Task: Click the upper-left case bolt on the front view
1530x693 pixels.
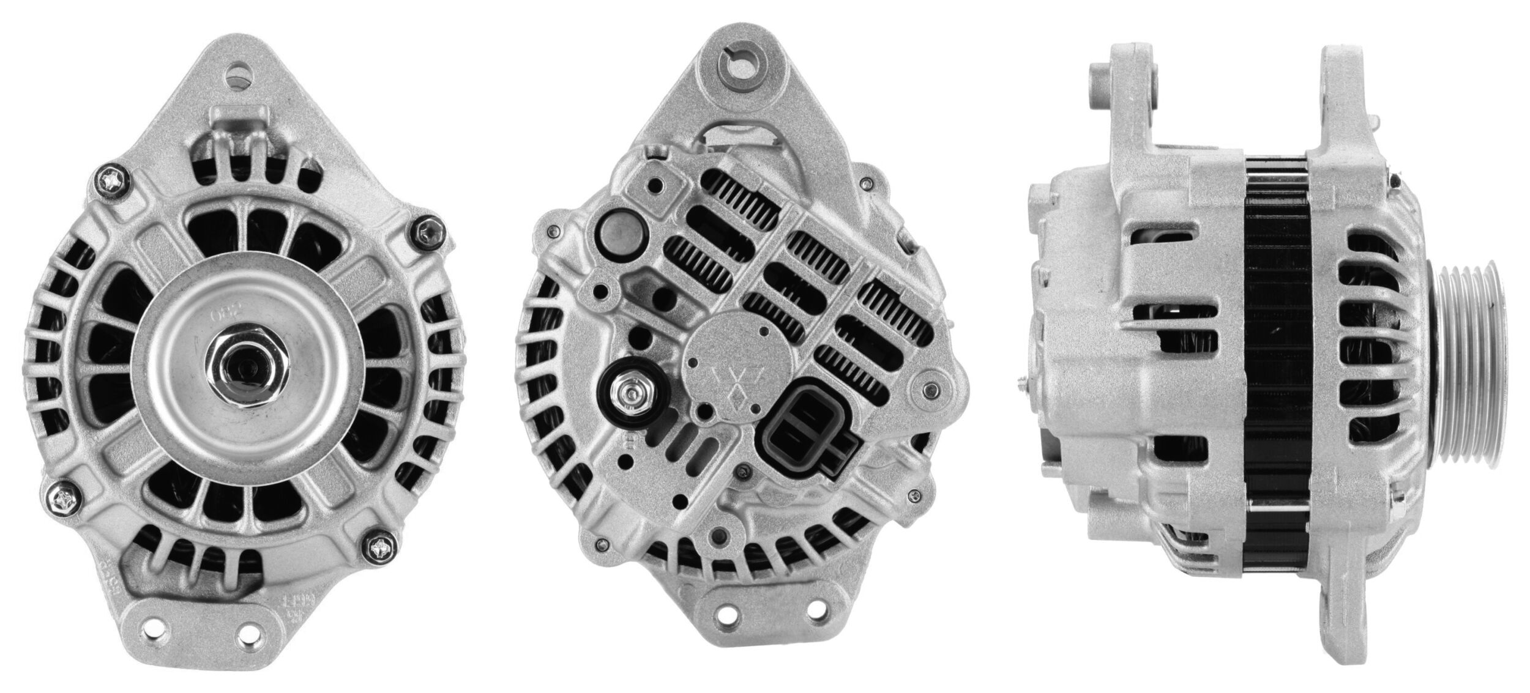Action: click(113, 180)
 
